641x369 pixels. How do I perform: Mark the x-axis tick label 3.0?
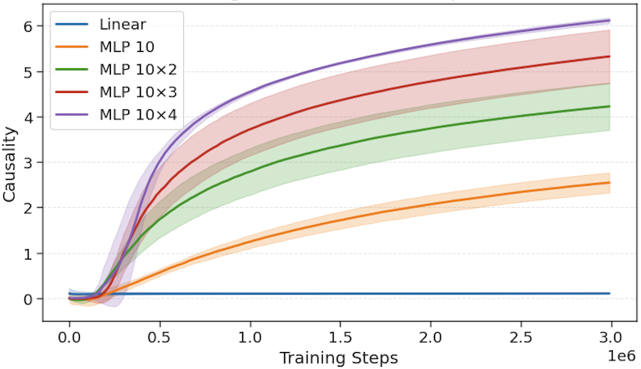coord(611,340)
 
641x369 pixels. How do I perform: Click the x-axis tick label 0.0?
coord(70,340)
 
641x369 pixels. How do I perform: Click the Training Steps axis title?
coord(338,357)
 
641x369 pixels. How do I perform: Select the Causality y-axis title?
coord(9,163)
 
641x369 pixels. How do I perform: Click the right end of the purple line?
coord(609,20)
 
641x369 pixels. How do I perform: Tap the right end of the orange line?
coord(609,183)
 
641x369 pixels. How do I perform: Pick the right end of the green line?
coord(609,106)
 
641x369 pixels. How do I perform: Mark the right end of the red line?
coord(609,57)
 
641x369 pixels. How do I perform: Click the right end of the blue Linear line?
coord(609,294)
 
